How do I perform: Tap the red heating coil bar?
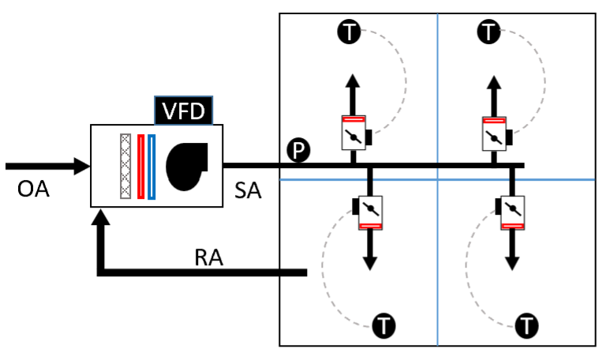pos(140,166)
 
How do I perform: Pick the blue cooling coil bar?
pos(151,166)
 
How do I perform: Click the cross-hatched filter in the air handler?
pos(125,166)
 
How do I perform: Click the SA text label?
pos(250,191)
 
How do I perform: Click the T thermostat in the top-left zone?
pos(349,32)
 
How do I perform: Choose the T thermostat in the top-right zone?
pos(490,32)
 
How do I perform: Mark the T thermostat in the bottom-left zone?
pos(384,324)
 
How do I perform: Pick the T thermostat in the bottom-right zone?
pos(526,324)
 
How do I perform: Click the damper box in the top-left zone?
pos(353,133)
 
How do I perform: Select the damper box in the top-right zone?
pos(494,133)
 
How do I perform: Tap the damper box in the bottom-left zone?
pos(369,212)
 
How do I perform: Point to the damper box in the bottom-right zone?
pos(511,212)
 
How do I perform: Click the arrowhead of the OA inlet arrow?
pos(82,167)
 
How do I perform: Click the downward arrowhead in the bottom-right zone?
pos(511,261)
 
